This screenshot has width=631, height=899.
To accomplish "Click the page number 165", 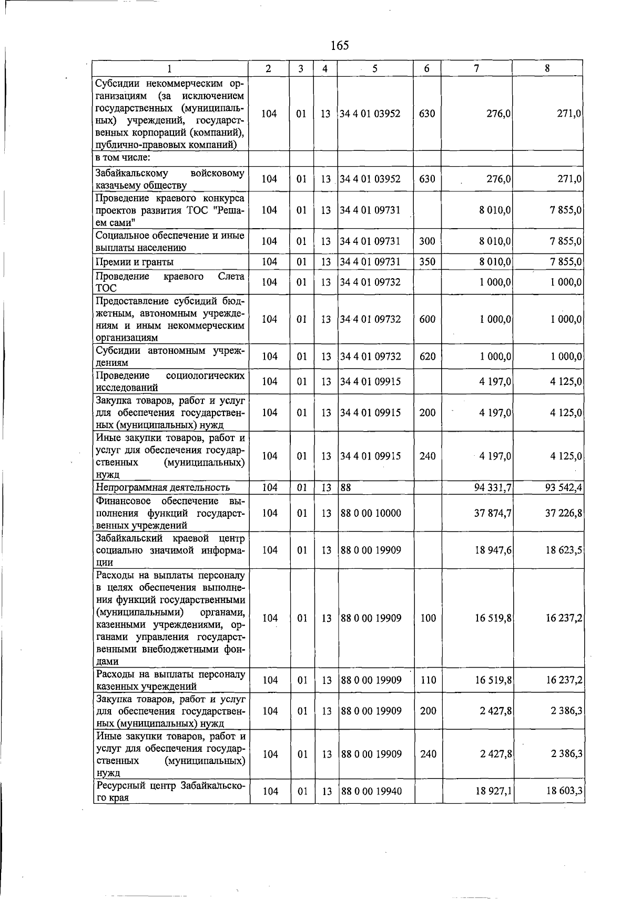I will point(340,46).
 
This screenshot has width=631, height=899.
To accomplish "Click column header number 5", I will point(375,68).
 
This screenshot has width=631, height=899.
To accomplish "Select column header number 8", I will point(547,68).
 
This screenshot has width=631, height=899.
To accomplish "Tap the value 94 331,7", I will point(493,488).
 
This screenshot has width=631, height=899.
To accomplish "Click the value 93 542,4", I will point(564,488).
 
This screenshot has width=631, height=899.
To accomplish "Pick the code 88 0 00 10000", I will point(371,513).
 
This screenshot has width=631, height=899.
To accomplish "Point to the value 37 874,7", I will point(493,513).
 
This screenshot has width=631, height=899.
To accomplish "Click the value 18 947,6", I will point(493,550).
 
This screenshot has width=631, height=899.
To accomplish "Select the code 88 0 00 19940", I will point(371,791).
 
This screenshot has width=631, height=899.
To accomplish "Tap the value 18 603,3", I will point(564,791).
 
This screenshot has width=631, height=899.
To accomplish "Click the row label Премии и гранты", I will point(135,262).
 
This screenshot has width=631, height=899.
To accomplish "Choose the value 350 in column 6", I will point(427,262).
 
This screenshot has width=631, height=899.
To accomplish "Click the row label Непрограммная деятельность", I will point(162,488).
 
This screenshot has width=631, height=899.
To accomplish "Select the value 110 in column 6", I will point(428,680).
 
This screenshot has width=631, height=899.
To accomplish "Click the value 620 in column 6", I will point(427,356).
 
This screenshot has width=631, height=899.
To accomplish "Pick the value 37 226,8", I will point(564,513).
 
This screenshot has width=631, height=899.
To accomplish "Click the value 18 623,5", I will point(564,550).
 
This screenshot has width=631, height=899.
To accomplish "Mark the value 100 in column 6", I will point(428,619).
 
